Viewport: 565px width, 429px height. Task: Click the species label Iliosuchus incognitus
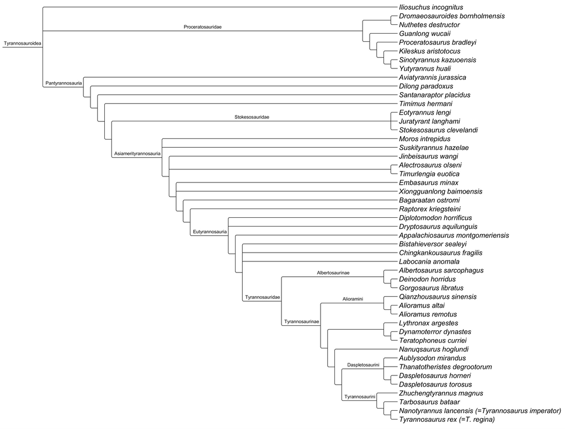coord(431,7)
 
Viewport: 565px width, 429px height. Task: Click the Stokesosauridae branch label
coord(255,117)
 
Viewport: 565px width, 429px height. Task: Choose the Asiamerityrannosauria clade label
coord(137,153)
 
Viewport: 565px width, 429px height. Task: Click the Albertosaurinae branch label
coord(333,272)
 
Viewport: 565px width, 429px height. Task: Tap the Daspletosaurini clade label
coord(362,364)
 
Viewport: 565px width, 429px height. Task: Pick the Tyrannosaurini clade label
coord(360,396)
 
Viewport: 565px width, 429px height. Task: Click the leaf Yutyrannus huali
coord(424,68)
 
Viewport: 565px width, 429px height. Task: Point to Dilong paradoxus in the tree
coord(425,86)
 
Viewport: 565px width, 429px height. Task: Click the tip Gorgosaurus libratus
coord(431,288)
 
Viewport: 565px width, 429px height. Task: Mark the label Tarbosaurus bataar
coord(429,402)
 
